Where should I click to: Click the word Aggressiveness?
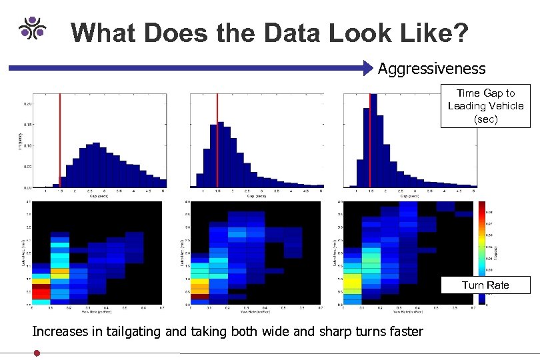pyautogui.click(x=432, y=69)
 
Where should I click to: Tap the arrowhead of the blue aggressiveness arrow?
pyautogui.click(x=369, y=67)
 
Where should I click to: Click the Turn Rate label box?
pyautogui.click(x=485, y=285)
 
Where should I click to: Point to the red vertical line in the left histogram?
pyautogui.click(x=60, y=140)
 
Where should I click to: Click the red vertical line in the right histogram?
pyautogui.click(x=369, y=140)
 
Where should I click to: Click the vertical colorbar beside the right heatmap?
pyautogui.click(x=481, y=253)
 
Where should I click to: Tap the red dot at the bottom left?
pyautogui.click(x=37, y=353)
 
